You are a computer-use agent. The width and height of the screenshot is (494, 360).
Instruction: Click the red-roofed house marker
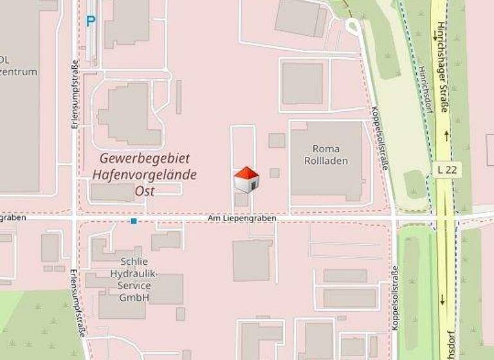[246, 180]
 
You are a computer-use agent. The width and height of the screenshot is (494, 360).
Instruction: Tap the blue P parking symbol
[91, 21]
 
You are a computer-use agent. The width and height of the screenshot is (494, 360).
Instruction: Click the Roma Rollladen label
[329, 154]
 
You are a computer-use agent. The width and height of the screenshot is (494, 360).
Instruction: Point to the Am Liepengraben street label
[242, 219]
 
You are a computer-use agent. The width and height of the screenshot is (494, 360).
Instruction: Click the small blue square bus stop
[134, 221]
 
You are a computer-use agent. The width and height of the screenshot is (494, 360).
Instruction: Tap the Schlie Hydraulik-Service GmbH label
[134, 280]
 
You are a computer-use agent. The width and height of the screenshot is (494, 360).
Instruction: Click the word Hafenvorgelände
[145, 174]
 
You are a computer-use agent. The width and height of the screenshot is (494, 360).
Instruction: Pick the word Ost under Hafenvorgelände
[145, 190]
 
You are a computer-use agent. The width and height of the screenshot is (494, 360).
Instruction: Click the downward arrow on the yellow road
[443, 300]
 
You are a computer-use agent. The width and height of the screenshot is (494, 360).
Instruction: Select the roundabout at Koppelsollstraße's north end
[352, 26]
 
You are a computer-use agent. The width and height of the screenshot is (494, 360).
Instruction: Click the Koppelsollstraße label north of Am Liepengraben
[380, 138]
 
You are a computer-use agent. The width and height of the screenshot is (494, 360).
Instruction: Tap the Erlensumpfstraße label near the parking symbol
[75, 93]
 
